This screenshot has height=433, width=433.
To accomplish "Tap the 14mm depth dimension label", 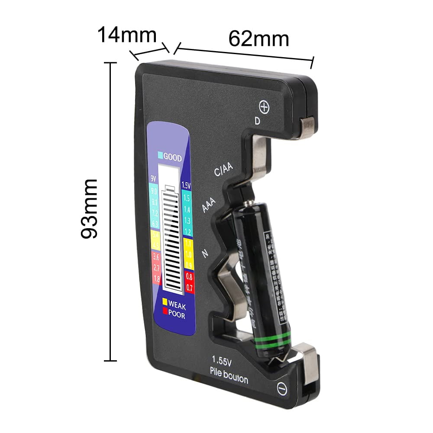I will point(126,35).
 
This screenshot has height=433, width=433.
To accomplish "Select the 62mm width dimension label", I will point(259,39).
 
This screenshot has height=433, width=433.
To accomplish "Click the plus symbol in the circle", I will point(264,107).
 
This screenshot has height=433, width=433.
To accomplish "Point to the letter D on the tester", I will point(257,121).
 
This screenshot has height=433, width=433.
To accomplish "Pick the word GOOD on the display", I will point(172,158).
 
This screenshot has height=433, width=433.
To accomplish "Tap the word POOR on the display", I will point(176,316).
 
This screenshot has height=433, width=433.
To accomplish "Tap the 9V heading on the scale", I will point(153,178).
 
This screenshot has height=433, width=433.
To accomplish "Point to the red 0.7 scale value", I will point(189,286).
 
